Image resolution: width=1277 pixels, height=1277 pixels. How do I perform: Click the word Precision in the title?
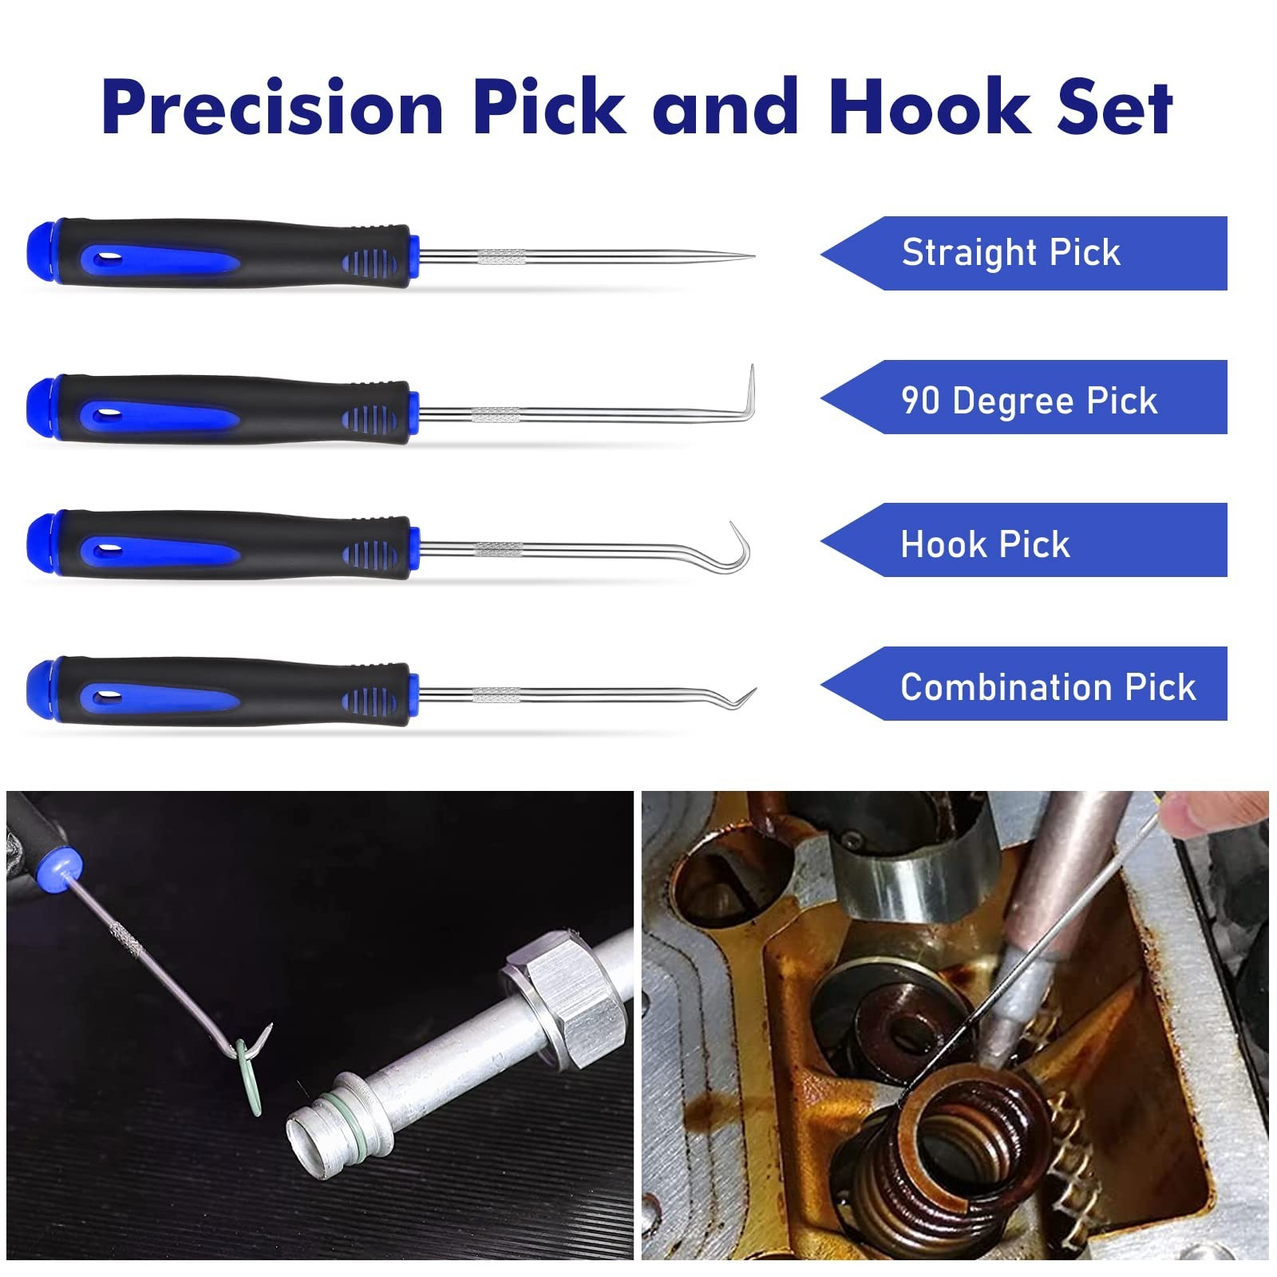pos(273,107)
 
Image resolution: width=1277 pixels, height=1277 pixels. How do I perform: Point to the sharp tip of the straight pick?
pos(753,256)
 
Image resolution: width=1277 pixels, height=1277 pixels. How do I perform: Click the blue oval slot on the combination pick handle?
pos(107,697)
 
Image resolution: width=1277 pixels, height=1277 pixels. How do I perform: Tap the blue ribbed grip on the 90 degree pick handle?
pos(369,417)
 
